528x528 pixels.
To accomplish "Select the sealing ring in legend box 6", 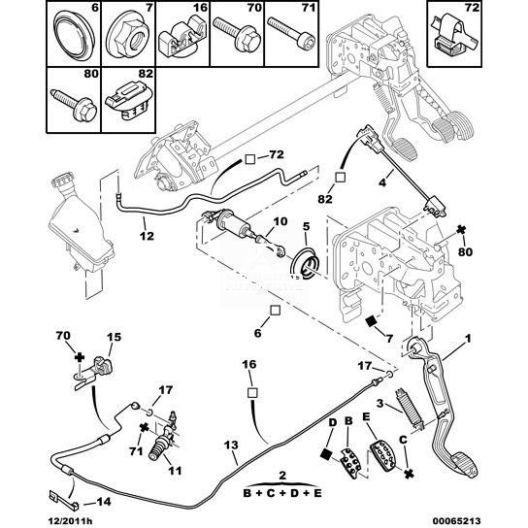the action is (74, 36).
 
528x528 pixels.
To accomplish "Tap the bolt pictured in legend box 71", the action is (292, 33).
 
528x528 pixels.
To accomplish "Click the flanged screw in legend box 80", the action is (75, 105).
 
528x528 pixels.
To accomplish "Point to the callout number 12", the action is (148, 236).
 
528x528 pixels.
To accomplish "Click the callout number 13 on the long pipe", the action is (231, 445).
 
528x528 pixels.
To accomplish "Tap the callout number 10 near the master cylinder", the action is (280, 221).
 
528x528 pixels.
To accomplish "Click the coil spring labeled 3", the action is (409, 409).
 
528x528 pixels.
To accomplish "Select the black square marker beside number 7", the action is (372, 321).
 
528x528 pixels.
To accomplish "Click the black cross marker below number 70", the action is (80, 357).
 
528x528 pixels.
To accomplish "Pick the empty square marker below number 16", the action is (252, 393).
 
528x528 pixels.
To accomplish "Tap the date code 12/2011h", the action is (69, 521).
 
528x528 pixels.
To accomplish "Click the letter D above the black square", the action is (333, 422).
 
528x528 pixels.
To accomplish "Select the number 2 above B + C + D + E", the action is (282, 476).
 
